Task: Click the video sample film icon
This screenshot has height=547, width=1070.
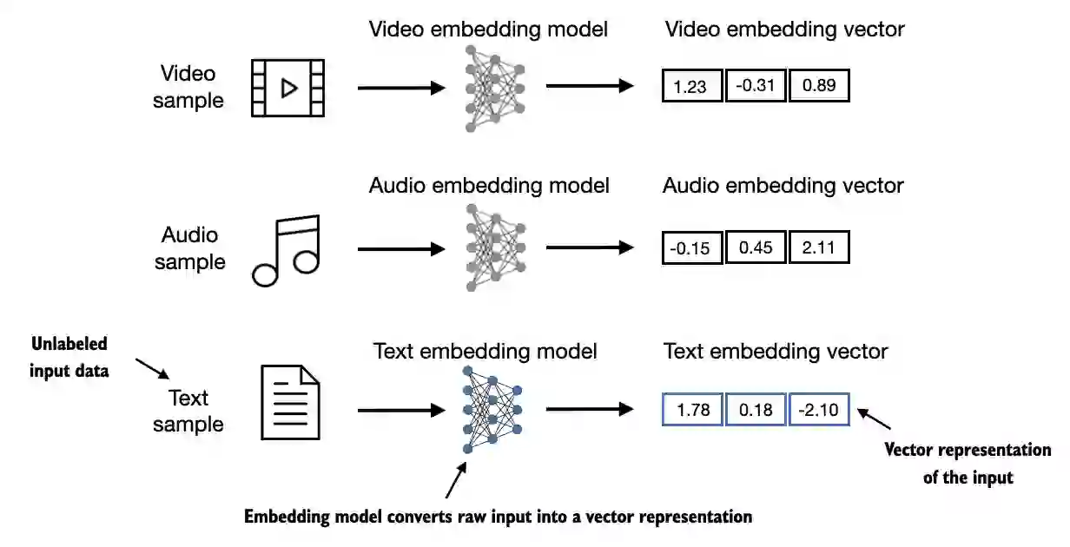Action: tap(287, 88)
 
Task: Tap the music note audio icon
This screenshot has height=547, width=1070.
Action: tap(287, 250)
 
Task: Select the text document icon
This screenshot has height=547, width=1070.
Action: tap(291, 402)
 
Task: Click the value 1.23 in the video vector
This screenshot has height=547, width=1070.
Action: tap(692, 87)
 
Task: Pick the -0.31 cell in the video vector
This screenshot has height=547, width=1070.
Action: tap(755, 87)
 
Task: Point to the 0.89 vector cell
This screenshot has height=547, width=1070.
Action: tap(819, 87)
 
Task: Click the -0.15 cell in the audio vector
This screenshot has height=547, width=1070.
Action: tap(692, 248)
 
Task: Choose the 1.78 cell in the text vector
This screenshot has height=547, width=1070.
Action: tap(692, 410)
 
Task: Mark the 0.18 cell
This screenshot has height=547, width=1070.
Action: tap(755, 410)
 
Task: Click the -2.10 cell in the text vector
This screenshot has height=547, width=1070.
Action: tap(819, 410)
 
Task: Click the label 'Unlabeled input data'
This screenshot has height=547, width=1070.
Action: tap(69, 358)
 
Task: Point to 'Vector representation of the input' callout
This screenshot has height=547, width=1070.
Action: tap(968, 464)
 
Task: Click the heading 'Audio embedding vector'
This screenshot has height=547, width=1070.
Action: tap(783, 186)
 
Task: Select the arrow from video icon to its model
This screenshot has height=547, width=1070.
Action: tap(401, 88)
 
